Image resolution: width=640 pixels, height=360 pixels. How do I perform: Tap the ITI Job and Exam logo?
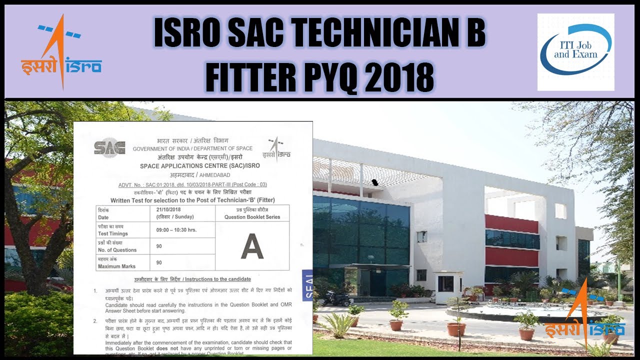[575, 52]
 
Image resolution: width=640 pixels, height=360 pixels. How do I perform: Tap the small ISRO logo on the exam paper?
[276, 149]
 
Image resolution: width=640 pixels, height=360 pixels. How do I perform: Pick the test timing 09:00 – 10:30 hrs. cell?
[176, 229]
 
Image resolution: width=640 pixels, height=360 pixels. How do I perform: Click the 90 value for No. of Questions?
[159, 246]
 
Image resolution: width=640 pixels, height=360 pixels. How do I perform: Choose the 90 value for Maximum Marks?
[159, 262]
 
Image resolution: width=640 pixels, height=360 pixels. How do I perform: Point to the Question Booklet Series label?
[252, 217]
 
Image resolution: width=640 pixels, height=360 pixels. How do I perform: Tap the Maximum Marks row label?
[116, 266]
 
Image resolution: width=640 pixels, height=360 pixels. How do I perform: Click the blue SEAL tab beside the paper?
[307, 284]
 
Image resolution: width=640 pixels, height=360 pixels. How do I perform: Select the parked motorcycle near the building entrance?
[336, 298]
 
